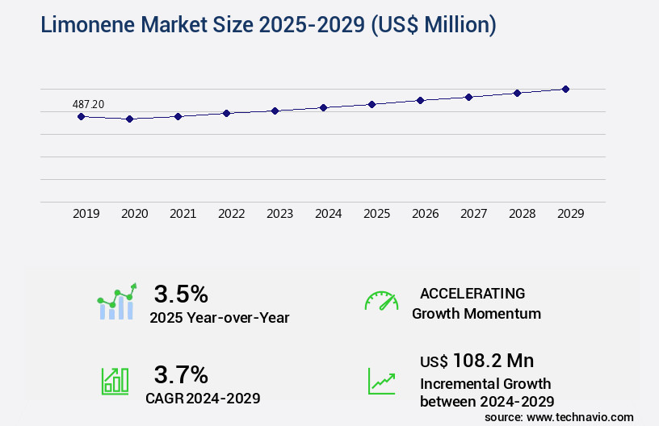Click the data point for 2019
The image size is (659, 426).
[81, 116]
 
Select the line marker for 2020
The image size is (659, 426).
[129, 119]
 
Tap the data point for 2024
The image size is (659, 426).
[323, 107]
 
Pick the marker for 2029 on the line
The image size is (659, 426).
[565, 89]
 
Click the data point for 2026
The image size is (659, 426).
[420, 100]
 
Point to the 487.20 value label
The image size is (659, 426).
[88, 104]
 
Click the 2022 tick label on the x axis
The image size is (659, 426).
[231, 214]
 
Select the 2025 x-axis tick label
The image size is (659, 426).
[376, 214]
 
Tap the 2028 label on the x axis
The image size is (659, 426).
[522, 214]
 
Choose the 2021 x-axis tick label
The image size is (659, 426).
[183, 214]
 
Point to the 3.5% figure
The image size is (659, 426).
[181, 293]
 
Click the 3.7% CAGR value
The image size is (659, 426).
[181, 374]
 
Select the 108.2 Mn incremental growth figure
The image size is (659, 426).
[493, 360]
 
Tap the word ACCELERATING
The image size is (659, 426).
[472, 293]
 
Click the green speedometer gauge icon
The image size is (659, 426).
[381, 300]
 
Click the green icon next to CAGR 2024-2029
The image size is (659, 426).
[115, 381]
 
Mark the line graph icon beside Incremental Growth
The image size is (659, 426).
[381, 381]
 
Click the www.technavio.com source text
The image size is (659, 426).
[579, 416]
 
